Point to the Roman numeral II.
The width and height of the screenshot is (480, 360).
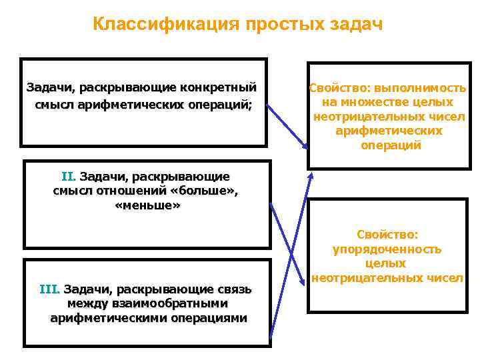[x=69, y=177]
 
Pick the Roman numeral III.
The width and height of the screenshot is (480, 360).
[x=50, y=289]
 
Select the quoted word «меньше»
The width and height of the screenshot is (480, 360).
[x=147, y=206]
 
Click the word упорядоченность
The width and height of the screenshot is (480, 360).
[x=387, y=249]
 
